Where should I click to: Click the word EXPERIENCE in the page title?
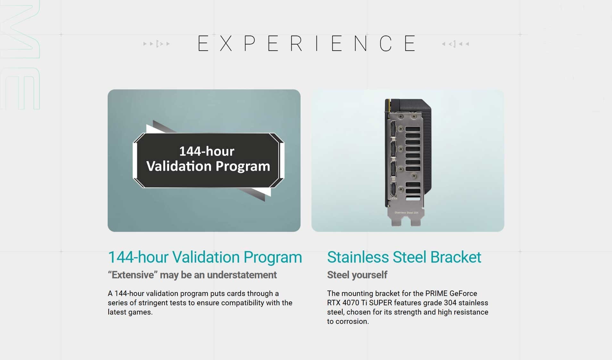point(307,43)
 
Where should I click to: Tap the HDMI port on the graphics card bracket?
point(393,189)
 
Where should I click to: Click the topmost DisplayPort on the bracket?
point(393,129)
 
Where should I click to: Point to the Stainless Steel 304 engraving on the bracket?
point(406,213)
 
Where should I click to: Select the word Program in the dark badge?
point(243,166)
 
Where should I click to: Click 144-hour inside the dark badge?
point(207,151)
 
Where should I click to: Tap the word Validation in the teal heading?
point(206,257)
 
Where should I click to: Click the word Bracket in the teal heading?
point(456,257)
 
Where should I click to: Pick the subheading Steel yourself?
point(357,275)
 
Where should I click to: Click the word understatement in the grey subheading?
point(242,275)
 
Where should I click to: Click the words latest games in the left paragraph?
point(130,312)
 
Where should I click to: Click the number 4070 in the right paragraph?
point(351,303)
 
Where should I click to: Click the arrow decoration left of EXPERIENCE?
point(157,44)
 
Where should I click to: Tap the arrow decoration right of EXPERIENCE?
point(455,44)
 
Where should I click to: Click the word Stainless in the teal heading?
point(358,257)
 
